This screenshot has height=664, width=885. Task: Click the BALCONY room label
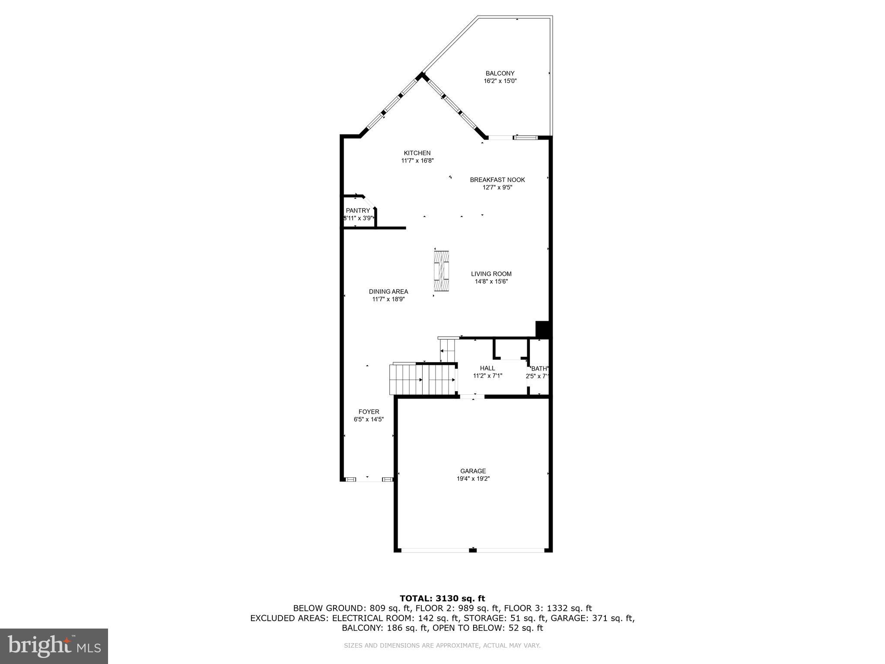500,73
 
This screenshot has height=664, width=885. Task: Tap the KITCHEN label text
417,153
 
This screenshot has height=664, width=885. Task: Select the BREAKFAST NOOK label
497,180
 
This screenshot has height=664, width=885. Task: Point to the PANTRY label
358,211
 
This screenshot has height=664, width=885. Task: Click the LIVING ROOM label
491,274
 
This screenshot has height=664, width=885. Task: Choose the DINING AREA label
388,292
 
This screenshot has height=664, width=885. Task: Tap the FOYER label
369,412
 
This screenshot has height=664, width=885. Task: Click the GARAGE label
473,471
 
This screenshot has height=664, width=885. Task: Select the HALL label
487,368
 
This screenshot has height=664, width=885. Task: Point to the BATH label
539,369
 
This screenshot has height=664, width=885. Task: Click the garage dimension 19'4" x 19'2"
473,479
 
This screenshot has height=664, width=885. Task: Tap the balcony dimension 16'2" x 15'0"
500,81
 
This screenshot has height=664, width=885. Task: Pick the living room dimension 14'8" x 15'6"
491,281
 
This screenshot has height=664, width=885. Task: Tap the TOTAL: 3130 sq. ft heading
442,598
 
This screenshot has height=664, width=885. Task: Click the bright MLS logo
54,646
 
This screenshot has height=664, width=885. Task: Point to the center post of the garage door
473,549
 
